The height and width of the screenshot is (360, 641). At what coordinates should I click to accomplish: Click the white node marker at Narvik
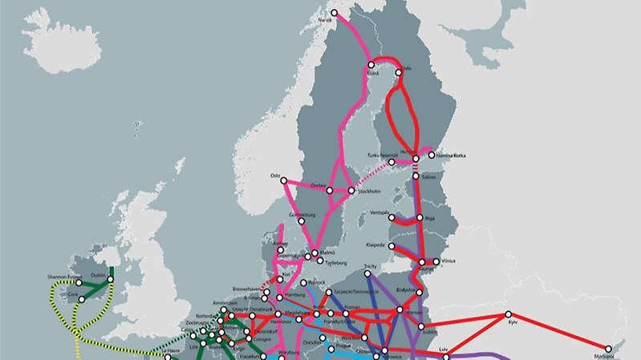coord(335,14)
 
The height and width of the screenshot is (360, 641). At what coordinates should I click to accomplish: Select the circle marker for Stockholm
coord(351,191)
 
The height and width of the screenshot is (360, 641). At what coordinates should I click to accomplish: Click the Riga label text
coord(431,218)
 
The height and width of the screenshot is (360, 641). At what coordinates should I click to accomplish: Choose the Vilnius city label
coord(448,261)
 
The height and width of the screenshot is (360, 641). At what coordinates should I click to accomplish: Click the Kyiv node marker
coord(508,314)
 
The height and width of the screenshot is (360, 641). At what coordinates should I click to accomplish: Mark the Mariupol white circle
coord(609,348)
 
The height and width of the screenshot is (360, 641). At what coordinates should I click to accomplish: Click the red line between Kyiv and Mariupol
coord(562,330)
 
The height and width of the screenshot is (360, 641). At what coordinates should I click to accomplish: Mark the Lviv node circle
coord(440,350)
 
